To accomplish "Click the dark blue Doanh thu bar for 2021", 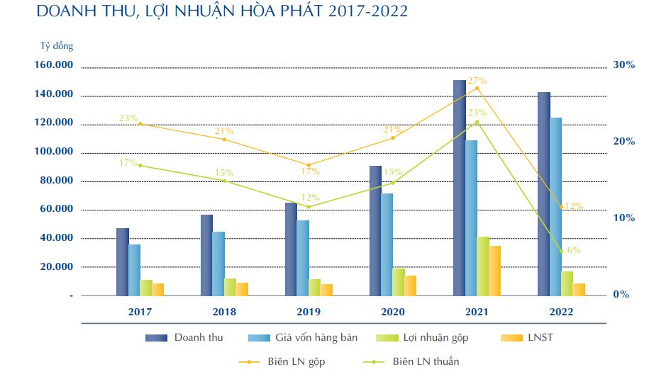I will coord(460,188).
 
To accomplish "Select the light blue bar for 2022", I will coord(555,206).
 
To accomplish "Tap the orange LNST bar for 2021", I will coord(494,271).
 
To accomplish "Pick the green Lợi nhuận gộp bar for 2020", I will coord(399,282).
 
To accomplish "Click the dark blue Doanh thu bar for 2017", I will coord(123,261).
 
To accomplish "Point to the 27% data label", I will coord(477,81).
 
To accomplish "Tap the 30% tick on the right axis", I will coord(623,65).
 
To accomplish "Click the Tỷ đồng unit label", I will coord(56,47).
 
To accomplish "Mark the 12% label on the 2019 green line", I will coord(310,198).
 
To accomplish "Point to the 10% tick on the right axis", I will coord(623,218).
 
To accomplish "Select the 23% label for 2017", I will coord(128,118).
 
